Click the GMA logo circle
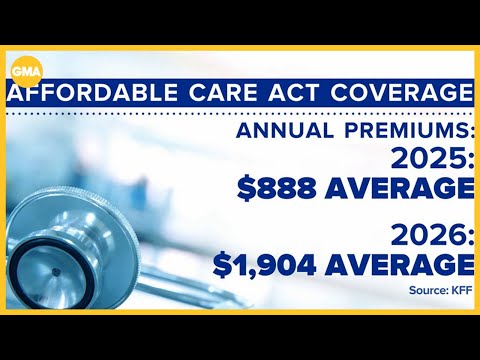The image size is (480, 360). (25, 71)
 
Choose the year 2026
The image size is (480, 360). (425, 238)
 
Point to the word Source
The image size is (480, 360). (428, 291)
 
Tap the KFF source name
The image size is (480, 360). (461, 291)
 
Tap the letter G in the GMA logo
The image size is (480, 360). (17, 71)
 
